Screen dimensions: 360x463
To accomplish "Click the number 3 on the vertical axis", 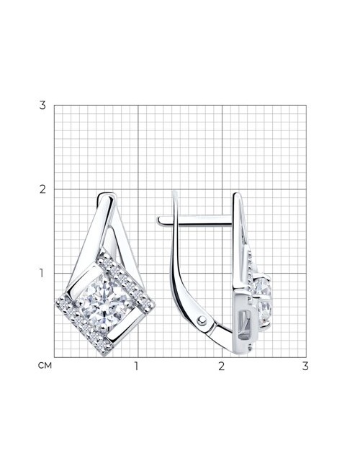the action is pyautogui.click(x=42, y=105).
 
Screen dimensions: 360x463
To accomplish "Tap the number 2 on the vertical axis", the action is pyautogui.click(x=42, y=189).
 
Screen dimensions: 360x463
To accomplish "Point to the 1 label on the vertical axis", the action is pyautogui.click(x=42, y=274).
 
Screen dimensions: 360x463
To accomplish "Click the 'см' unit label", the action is pyautogui.click(x=45, y=366).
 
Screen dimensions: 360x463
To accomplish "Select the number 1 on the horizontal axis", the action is pyautogui.click(x=136, y=366).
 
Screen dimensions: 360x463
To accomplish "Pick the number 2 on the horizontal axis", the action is pyautogui.click(x=222, y=366).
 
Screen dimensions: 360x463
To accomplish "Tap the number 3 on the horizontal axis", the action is pyautogui.click(x=305, y=366).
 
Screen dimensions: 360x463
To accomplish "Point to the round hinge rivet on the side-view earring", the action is pyautogui.click(x=202, y=320).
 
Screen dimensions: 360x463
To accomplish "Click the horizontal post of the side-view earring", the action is pyautogui.click(x=195, y=220).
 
